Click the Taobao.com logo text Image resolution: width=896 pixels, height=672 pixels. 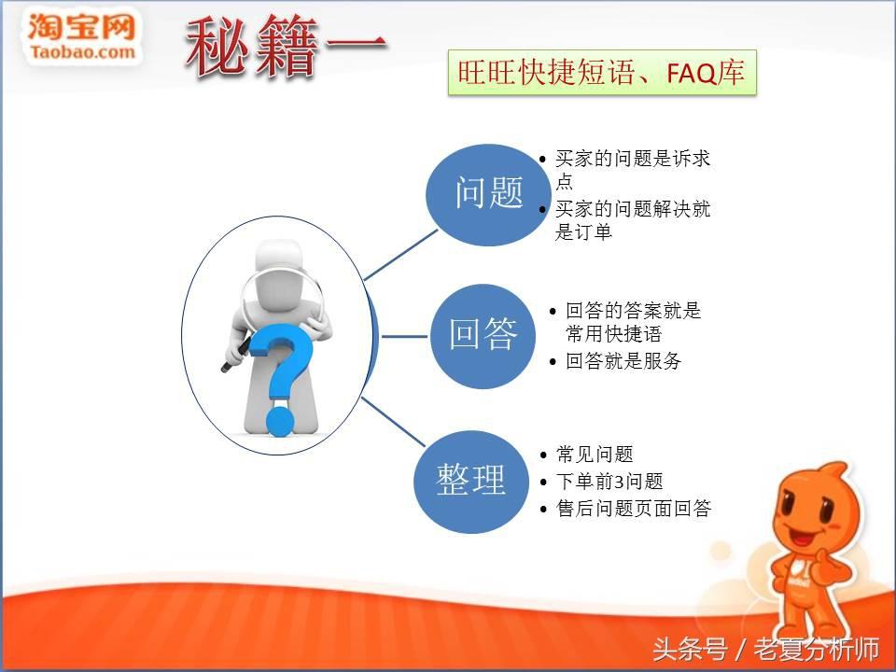coord(83,52)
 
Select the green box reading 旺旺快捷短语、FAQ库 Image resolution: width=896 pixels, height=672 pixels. coord(602,73)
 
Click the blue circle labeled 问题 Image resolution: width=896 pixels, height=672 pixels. coord(488,195)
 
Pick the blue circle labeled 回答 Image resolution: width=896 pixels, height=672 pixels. coord(483,337)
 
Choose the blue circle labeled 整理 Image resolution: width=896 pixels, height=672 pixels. coord(470,482)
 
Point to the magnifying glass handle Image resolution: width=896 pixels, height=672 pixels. coord(235,356)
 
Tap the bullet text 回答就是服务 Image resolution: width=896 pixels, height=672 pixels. coord(623,361)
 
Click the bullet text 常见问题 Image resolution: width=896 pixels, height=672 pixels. coord(595,455)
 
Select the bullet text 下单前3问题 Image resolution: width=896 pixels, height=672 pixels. coord(609,482)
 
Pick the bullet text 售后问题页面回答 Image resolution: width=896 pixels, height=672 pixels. coord(633,508)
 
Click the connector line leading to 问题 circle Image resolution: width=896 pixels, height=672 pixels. coord(400,255)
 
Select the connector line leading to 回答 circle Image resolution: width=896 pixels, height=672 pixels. coord(404,337)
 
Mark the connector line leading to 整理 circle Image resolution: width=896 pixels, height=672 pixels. coord(393,422)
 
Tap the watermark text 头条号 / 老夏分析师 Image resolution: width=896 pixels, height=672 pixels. coord(765,650)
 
